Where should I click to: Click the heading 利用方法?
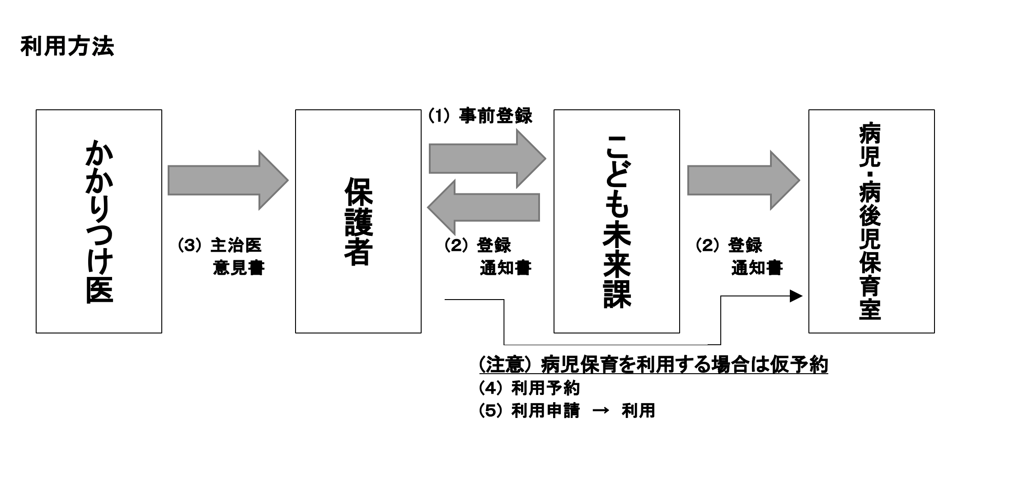(67, 47)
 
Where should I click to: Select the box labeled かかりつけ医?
(99, 221)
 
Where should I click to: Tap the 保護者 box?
(358, 221)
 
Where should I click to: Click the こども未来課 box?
(616, 221)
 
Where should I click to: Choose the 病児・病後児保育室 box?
(871, 221)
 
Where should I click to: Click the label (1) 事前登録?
(480, 116)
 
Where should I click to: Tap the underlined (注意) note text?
(653, 365)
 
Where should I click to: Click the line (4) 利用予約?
(529, 388)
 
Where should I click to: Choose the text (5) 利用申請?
(529, 411)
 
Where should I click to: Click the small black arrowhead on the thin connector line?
(796, 296)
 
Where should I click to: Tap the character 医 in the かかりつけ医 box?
(99, 288)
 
